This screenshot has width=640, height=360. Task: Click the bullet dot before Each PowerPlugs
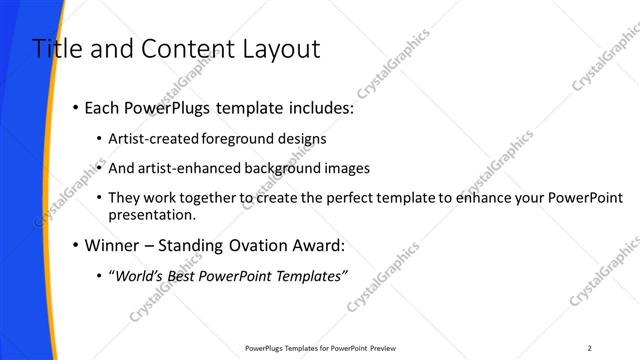76,108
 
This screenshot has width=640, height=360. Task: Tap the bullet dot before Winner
76,245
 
